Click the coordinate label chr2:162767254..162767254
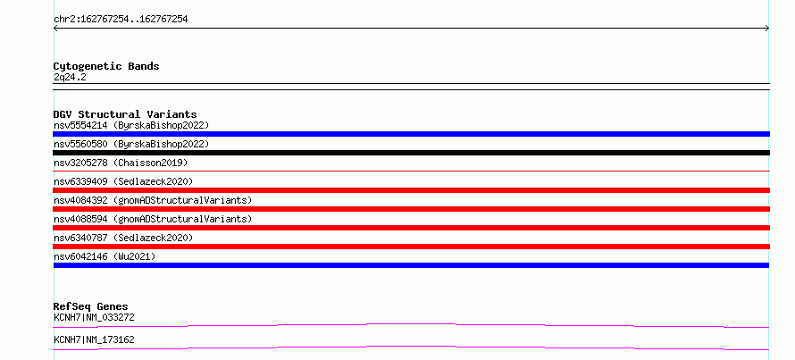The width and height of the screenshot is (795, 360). [x=121, y=20]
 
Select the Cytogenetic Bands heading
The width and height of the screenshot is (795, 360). [x=106, y=66]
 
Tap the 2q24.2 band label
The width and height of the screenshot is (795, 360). [x=70, y=77]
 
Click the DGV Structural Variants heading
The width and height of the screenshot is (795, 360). [x=125, y=114]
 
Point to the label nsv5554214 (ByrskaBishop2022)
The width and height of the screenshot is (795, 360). [x=131, y=125]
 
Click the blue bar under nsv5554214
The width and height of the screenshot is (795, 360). [x=411, y=134]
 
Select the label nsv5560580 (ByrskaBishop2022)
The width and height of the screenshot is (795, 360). [x=131, y=144]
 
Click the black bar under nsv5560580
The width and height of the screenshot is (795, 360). [x=411, y=153]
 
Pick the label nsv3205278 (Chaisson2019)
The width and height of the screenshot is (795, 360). [x=121, y=163]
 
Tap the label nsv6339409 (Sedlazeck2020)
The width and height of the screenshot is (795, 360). [x=123, y=181]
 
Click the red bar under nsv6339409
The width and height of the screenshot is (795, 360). [x=411, y=190]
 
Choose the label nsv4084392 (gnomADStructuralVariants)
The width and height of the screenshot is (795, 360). [x=153, y=200]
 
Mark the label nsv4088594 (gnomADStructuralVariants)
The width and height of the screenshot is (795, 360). [x=153, y=219]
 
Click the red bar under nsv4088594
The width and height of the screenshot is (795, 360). [x=411, y=228]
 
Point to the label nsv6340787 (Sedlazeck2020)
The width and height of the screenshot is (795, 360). [x=123, y=238]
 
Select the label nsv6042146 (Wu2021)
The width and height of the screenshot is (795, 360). [x=105, y=256]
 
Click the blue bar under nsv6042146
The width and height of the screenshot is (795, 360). [x=411, y=265]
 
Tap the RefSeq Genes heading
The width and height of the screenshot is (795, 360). [x=91, y=306]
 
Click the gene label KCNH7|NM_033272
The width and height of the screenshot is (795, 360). [x=94, y=317]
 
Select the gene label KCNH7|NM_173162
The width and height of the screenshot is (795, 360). [x=94, y=339]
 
